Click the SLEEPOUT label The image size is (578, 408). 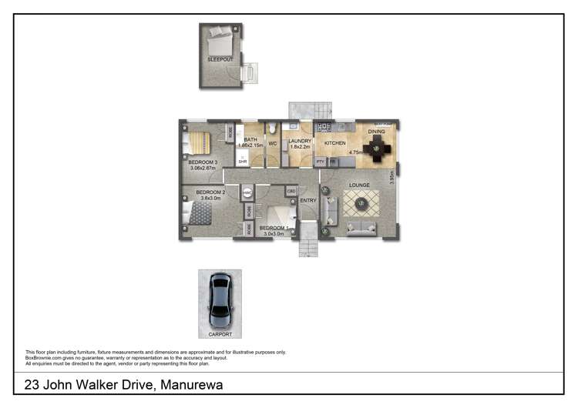(x=220, y=59)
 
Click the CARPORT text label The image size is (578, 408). (x=220, y=334)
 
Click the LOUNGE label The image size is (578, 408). (x=359, y=186)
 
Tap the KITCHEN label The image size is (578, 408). (x=334, y=143)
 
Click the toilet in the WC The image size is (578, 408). (x=274, y=129)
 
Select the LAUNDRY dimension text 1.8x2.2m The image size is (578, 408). (x=299, y=148)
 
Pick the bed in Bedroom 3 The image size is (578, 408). (x=200, y=143)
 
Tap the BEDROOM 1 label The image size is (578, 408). (x=274, y=229)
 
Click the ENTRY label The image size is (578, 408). (x=308, y=201)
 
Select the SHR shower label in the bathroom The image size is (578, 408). (x=242, y=162)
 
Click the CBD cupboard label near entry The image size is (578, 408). (x=291, y=190)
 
